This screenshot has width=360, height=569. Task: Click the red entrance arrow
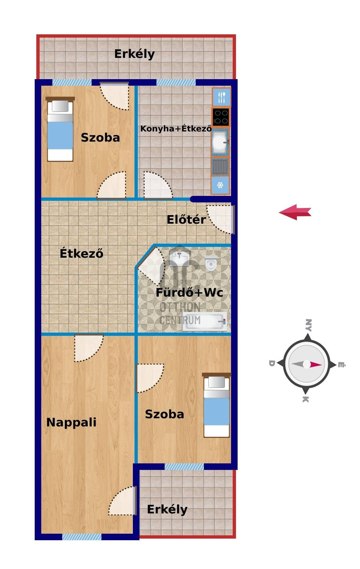point(295,212)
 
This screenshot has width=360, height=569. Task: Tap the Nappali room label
point(71,422)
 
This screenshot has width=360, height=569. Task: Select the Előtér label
point(186,219)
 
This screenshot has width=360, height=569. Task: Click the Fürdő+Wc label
point(189,292)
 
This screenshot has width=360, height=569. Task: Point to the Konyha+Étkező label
point(176,129)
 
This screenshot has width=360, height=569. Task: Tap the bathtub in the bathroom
point(205,321)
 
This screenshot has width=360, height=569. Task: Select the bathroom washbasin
point(179,257)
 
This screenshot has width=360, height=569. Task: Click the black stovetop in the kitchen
point(221,117)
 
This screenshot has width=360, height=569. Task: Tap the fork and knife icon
point(222,97)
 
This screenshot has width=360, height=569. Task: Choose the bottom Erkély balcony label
point(167,509)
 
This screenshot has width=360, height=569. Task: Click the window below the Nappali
point(82,537)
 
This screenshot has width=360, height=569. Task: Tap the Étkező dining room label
point(81,253)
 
